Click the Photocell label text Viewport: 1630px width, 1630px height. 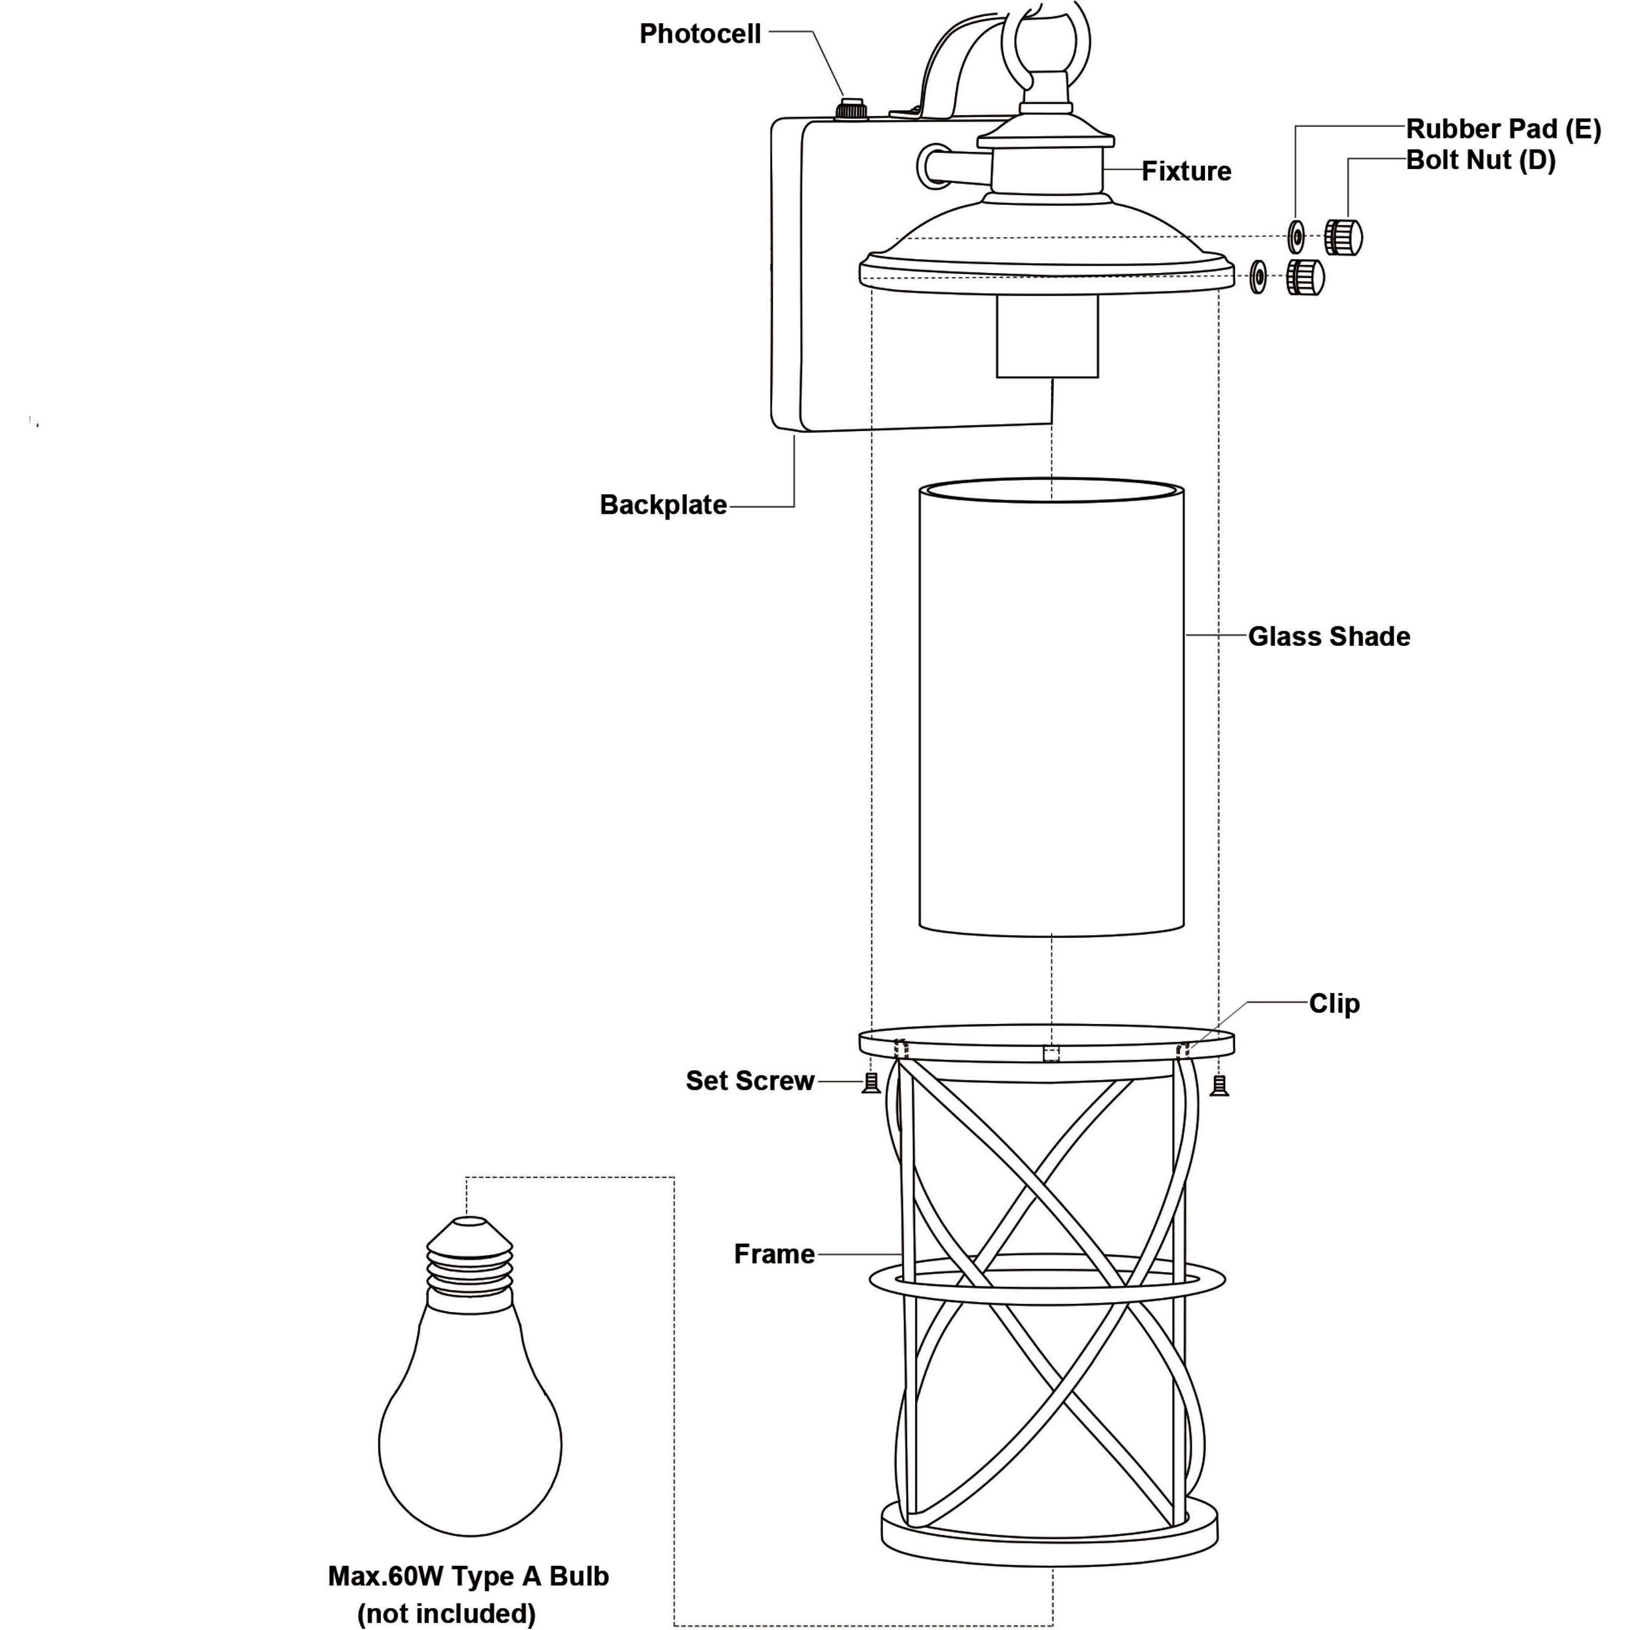coord(700,33)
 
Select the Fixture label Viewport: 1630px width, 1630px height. coord(1186,171)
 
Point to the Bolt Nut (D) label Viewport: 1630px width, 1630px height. coord(1481,159)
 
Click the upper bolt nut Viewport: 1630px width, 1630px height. coord(1343,236)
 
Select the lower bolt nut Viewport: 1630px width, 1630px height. coord(1305,276)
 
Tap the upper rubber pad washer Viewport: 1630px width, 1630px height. coord(1297,237)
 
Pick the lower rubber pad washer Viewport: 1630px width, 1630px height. coord(1258,276)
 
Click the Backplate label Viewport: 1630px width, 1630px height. coord(663,504)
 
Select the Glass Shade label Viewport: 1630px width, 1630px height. coord(1329,636)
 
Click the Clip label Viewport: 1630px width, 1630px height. coord(1334,1003)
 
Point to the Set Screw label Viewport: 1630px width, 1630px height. coord(750,1081)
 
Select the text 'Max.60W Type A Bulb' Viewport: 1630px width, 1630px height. coord(468,1576)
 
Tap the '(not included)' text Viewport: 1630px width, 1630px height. coord(446,1613)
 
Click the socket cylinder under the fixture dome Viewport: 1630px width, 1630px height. coord(1047,335)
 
